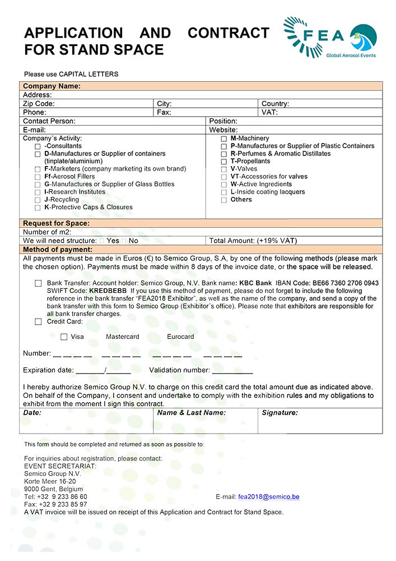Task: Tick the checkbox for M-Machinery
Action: click(224, 139)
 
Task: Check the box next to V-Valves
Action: click(224, 169)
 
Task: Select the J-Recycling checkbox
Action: click(38, 200)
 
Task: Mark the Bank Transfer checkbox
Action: click(38, 283)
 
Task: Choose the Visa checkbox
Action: click(64, 337)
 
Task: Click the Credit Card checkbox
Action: click(38, 322)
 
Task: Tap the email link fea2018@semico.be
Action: click(269, 497)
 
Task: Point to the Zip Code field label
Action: click(39, 104)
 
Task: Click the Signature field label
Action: click(279, 413)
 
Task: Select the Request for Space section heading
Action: click(56, 223)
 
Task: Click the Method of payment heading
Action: click(58, 250)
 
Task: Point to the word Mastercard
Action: click(123, 337)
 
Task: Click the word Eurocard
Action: click(180, 337)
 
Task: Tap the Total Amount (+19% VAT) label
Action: click(253, 241)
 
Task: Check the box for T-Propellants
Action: click(224, 162)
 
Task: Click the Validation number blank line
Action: click(232, 371)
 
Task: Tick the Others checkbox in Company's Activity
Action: click(224, 200)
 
